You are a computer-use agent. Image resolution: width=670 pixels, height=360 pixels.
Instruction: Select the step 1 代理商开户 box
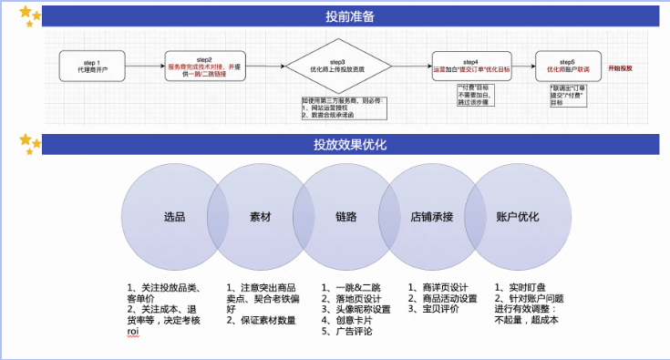pyautogui.click(x=91, y=66)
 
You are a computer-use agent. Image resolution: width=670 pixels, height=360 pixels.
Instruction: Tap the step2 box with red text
pyautogui.click(x=204, y=66)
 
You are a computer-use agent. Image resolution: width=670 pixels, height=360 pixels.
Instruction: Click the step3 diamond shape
pyautogui.click(x=336, y=66)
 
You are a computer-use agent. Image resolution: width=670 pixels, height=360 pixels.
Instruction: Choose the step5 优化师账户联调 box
pyautogui.click(x=567, y=66)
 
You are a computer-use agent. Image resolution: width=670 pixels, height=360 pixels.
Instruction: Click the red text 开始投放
pyautogui.click(x=621, y=68)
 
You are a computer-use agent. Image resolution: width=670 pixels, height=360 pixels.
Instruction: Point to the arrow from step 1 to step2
pyautogui.click(x=144, y=66)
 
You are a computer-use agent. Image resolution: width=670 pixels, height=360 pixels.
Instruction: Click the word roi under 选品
pyautogui.click(x=133, y=333)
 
